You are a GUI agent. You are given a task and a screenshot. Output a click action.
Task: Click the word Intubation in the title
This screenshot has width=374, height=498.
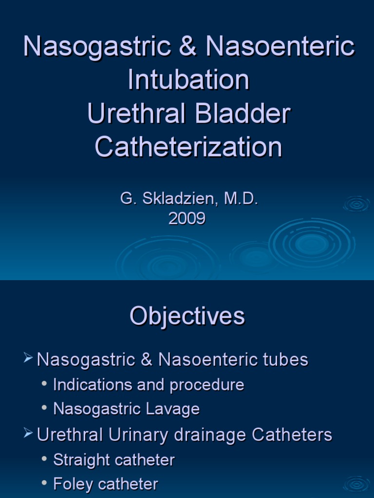188,80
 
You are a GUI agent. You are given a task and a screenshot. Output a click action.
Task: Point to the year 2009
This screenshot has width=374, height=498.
187,218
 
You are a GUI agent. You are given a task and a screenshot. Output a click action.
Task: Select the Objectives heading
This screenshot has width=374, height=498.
187,317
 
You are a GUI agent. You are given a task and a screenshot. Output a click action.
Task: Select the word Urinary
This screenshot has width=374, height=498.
135,434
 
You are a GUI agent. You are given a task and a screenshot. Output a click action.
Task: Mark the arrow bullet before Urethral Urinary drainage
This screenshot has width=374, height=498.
29,434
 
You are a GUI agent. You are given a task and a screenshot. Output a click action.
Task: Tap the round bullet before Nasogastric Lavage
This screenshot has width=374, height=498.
45,409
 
